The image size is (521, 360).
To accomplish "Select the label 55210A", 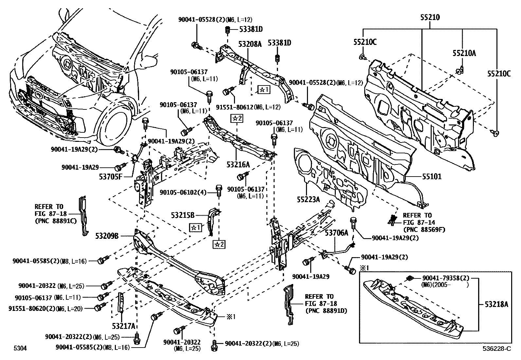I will [464, 53].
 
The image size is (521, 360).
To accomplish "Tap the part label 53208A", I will [250, 44].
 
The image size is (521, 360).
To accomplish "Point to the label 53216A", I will [238, 164].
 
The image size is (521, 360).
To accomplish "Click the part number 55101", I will [431, 177].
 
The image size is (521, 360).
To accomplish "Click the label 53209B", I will [107, 236].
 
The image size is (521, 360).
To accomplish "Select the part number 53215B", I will [183, 215].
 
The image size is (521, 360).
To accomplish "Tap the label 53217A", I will [123, 326].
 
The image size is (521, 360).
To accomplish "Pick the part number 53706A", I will [337, 233].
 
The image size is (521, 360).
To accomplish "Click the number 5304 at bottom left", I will [20, 348].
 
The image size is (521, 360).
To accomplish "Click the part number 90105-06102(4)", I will [183, 192].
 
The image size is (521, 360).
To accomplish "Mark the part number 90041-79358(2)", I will [445, 278].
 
